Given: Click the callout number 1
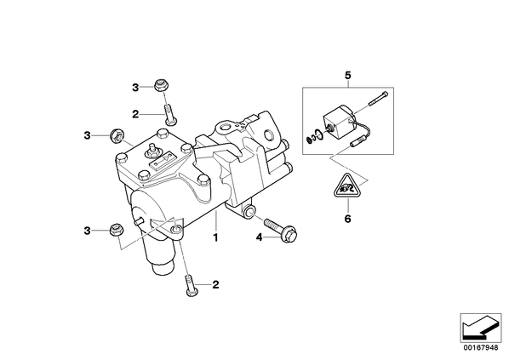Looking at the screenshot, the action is click(215, 237).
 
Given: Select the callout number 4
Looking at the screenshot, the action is click(259, 237).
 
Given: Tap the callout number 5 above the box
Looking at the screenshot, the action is click(347, 76).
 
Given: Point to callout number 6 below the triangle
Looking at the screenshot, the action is click(347, 219).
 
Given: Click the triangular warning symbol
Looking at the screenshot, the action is click(348, 186).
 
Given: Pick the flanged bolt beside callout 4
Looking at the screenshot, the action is click(281, 230).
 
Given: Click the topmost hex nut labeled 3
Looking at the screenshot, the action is click(161, 85).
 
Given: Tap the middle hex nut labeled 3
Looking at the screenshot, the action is click(117, 134).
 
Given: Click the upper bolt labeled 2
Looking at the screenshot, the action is click(169, 113).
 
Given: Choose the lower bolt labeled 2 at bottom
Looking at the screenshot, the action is click(190, 286).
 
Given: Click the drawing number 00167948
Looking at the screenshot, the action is click(480, 348).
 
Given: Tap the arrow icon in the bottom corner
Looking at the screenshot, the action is click(480, 328).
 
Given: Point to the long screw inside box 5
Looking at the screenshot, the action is click(378, 99).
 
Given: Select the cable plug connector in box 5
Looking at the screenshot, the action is click(357, 142).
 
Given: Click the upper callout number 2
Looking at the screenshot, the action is click(135, 114).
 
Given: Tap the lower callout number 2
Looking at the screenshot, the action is click(215, 285).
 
